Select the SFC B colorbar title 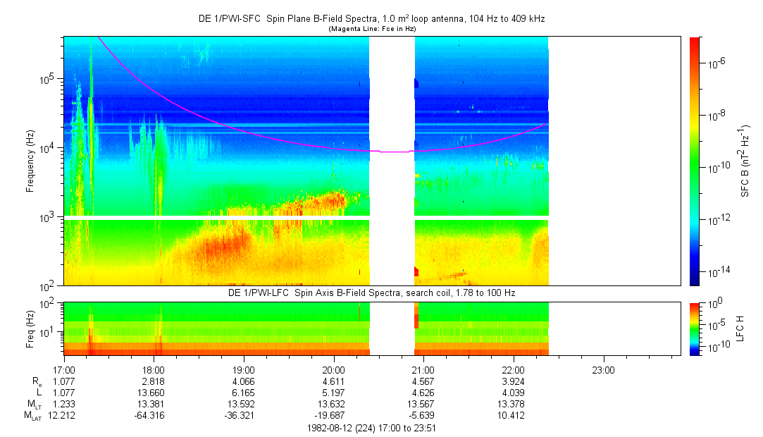[745, 161]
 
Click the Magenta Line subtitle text [371, 29]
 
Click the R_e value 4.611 [334, 381]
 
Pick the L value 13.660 [154, 393]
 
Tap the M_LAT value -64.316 [154, 415]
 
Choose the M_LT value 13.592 [244, 404]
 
